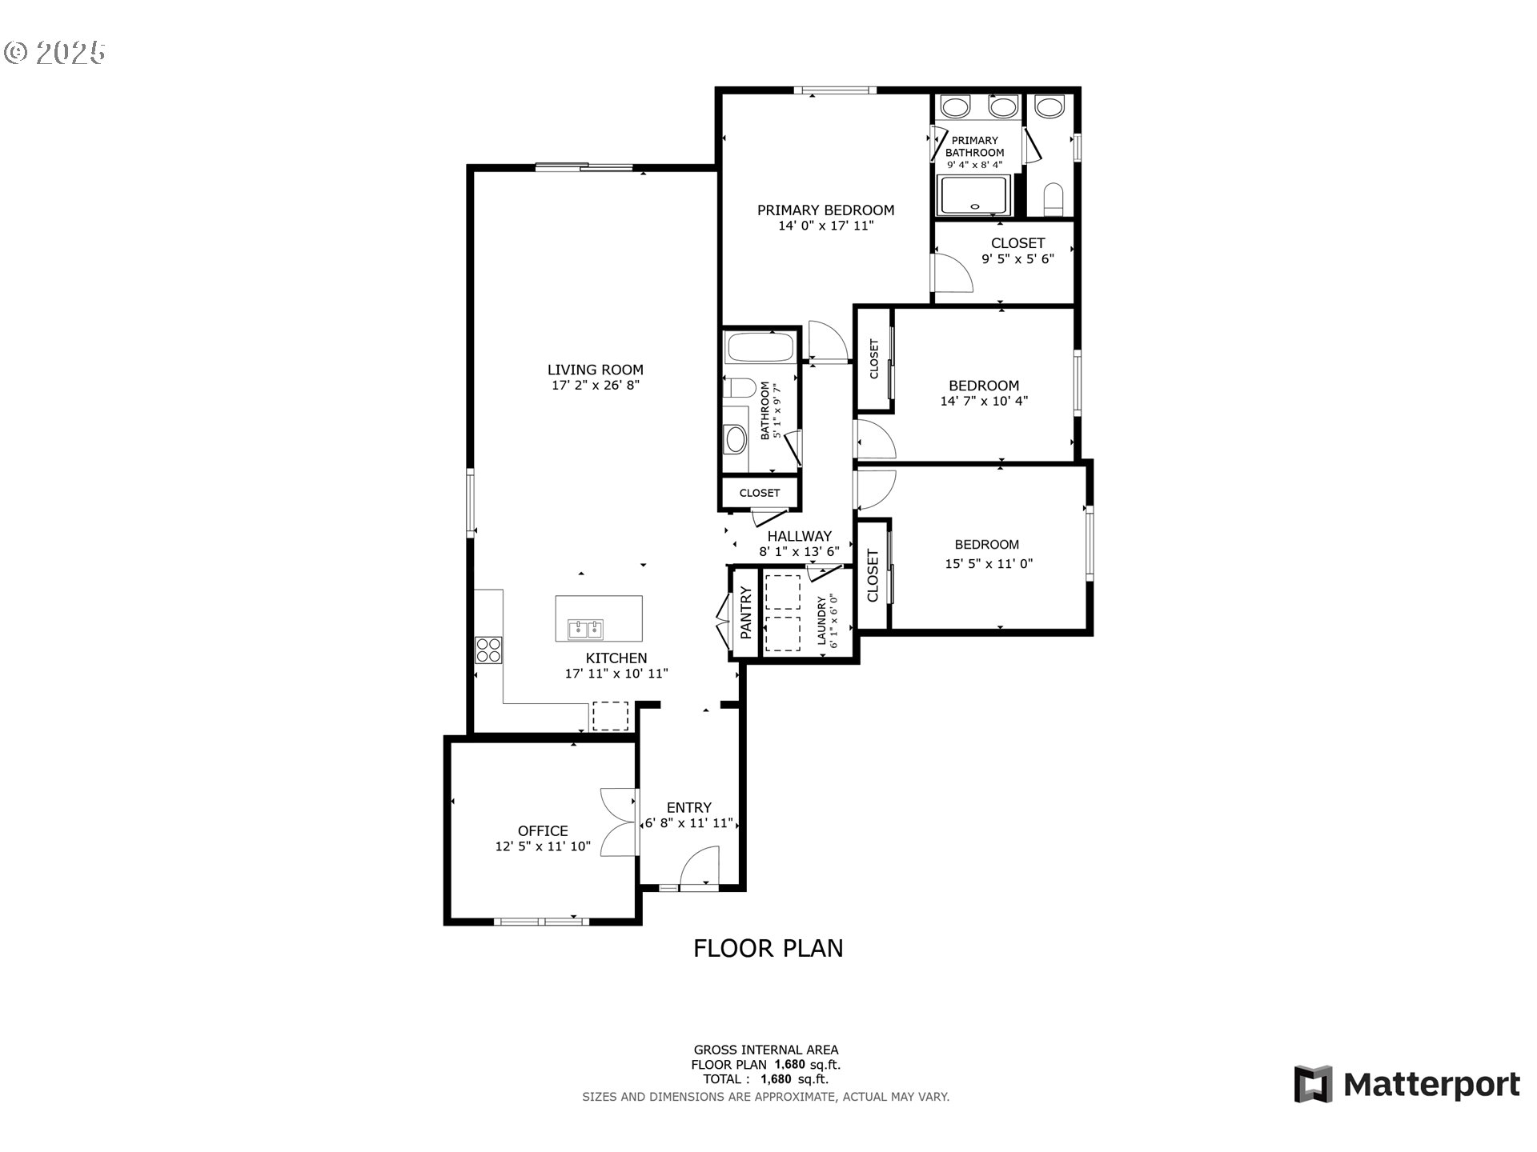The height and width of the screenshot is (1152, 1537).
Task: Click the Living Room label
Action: (596, 370)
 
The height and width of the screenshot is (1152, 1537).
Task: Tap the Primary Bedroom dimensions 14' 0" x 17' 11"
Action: (826, 226)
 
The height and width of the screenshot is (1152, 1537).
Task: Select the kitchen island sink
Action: (585, 630)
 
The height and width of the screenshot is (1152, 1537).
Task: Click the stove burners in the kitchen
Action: (488, 650)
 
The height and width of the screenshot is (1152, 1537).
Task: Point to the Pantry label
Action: (746, 613)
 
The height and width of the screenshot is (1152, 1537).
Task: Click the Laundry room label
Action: (821, 621)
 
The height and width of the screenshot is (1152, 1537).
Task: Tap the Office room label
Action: (543, 831)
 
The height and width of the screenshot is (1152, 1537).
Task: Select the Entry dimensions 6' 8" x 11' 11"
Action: (689, 823)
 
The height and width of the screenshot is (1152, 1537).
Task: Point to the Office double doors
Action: (619, 823)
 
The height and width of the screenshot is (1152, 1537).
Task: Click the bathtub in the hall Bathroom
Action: (759, 348)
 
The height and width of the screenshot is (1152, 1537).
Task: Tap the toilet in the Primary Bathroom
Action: (1053, 199)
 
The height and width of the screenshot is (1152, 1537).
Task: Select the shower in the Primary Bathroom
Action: (973, 196)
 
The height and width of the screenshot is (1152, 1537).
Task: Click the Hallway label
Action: (800, 536)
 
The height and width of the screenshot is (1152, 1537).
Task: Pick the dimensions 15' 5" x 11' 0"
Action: (989, 564)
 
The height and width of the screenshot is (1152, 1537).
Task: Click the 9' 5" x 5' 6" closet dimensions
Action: (1018, 259)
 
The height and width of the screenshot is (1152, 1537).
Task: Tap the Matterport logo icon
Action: (1314, 1085)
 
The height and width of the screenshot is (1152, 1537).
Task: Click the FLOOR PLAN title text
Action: (768, 949)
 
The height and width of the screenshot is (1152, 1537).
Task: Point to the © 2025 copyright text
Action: (54, 53)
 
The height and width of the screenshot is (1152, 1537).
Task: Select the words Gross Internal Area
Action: (766, 1050)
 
